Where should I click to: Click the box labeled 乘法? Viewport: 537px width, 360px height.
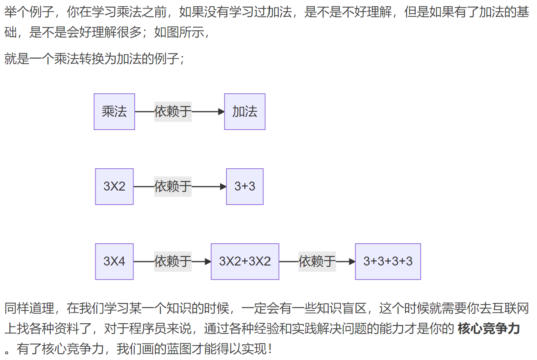tap(114, 112)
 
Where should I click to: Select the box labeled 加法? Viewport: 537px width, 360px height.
tap(245, 112)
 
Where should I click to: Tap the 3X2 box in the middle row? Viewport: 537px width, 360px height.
tap(114, 187)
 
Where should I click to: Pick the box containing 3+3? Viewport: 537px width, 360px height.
tap(245, 187)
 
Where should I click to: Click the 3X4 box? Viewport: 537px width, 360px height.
tap(114, 262)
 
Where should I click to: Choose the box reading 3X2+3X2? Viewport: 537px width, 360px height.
tap(245, 262)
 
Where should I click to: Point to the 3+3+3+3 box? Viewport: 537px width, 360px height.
tap(388, 262)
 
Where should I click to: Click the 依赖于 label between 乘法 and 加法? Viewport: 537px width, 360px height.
tap(173, 112)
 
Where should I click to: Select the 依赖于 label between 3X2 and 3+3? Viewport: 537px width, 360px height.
tap(173, 187)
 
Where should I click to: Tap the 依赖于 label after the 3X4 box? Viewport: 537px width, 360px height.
tap(173, 262)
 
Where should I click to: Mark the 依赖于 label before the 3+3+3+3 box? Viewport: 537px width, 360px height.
tap(317, 262)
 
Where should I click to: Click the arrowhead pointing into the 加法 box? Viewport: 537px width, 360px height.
tap(221, 112)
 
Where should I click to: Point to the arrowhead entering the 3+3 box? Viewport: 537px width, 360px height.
tap(223, 187)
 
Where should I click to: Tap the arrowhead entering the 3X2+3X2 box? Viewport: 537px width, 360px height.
tap(208, 262)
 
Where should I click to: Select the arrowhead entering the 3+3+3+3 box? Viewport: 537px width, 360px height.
tap(352, 262)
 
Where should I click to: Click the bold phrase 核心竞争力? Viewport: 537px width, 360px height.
tap(489, 328)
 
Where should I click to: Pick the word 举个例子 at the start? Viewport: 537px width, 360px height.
tap(29, 12)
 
